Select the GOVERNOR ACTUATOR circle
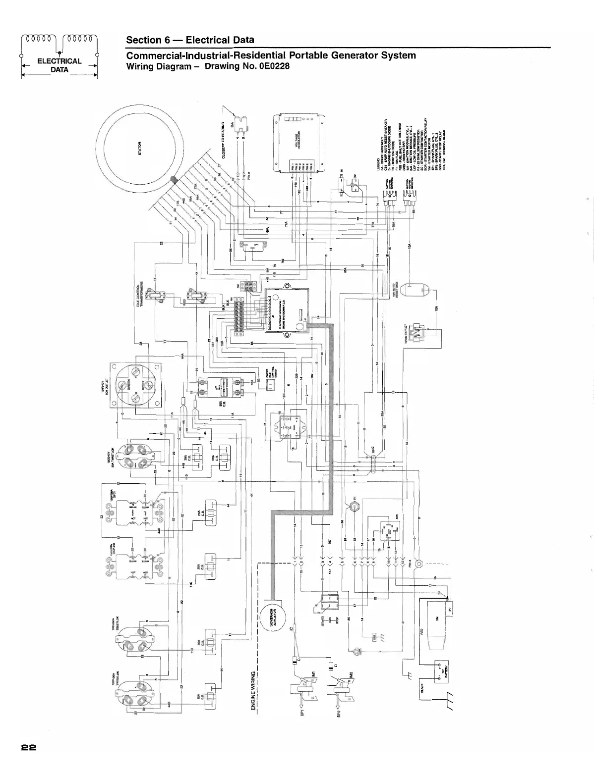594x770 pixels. click(272, 616)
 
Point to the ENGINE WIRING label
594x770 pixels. click(253, 691)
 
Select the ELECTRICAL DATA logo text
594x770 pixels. click(59, 65)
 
